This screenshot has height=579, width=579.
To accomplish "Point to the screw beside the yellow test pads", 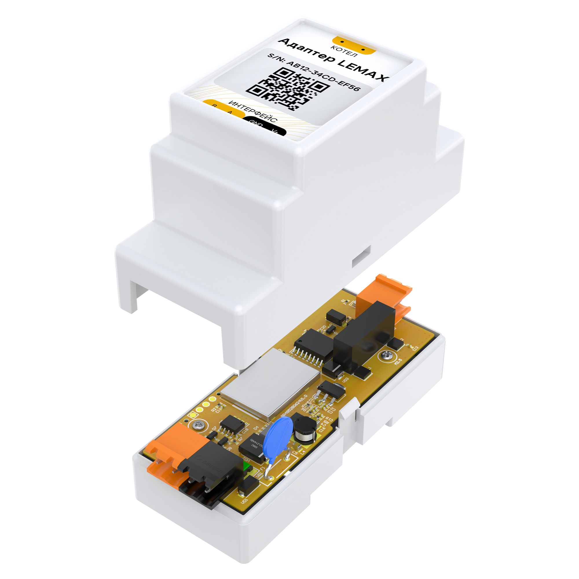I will [198, 424].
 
